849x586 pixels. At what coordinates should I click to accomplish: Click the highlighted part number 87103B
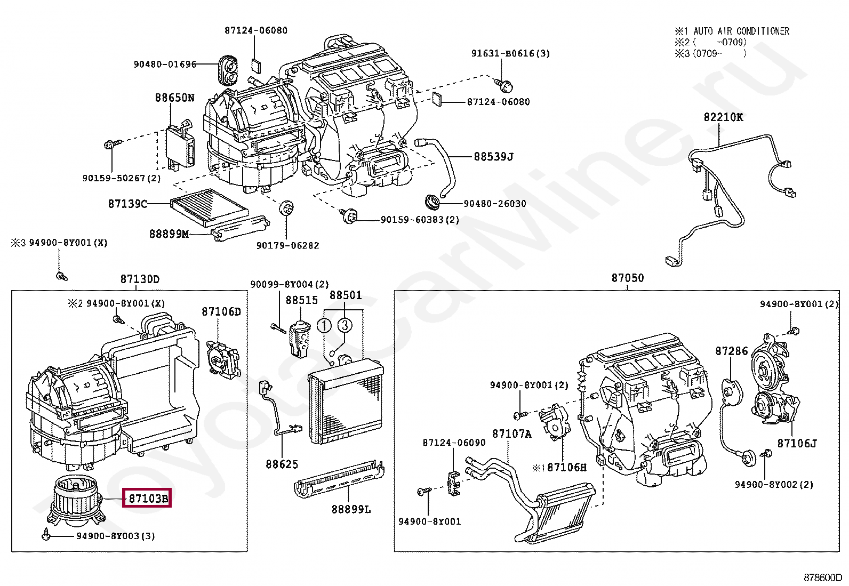(x=147, y=499)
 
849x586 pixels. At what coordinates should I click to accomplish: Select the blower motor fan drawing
(x=74, y=499)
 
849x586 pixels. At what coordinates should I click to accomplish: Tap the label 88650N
(x=175, y=98)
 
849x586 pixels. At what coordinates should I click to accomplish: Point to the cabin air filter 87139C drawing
(x=210, y=205)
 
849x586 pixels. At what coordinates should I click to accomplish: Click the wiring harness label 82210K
(x=723, y=117)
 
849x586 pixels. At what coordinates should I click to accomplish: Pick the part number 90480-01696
(x=165, y=65)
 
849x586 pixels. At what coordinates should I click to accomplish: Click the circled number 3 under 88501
(x=345, y=325)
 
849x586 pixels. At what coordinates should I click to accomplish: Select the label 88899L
(x=351, y=509)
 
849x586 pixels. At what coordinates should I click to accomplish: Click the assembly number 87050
(x=628, y=278)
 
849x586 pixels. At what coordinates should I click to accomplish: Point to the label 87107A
(x=511, y=434)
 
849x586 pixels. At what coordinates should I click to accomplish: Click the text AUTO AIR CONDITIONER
(x=741, y=31)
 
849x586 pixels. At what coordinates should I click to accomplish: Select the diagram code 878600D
(x=823, y=577)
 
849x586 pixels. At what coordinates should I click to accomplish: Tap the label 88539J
(x=493, y=157)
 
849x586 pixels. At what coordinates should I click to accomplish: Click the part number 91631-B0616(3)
(x=510, y=53)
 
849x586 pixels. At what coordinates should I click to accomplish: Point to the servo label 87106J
(x=797, y=443)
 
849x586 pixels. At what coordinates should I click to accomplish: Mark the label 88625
(x=282, y=464)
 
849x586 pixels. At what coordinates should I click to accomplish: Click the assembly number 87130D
(x=140, y=279)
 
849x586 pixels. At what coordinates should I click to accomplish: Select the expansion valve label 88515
(x=301, y=300)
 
